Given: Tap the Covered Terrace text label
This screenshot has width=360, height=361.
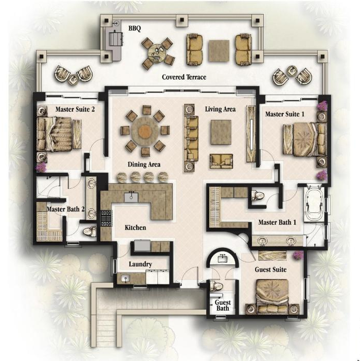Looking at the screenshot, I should tap(184, 77).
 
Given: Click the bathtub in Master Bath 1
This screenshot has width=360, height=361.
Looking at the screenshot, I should tap(314, 205).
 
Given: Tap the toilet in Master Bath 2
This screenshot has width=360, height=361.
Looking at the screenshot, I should tap(89, 232).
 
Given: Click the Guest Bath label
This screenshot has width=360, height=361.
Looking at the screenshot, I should tap(222, 305).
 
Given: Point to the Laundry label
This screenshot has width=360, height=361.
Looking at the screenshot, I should tap(140, 264).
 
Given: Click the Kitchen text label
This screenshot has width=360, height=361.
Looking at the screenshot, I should tap(136, 227).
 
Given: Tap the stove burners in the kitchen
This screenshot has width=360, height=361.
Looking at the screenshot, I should tap(106, 219).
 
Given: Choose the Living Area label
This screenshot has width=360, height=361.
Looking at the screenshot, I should tap(220, 109).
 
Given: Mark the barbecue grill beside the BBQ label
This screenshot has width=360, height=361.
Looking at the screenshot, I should tap(114, 39).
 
